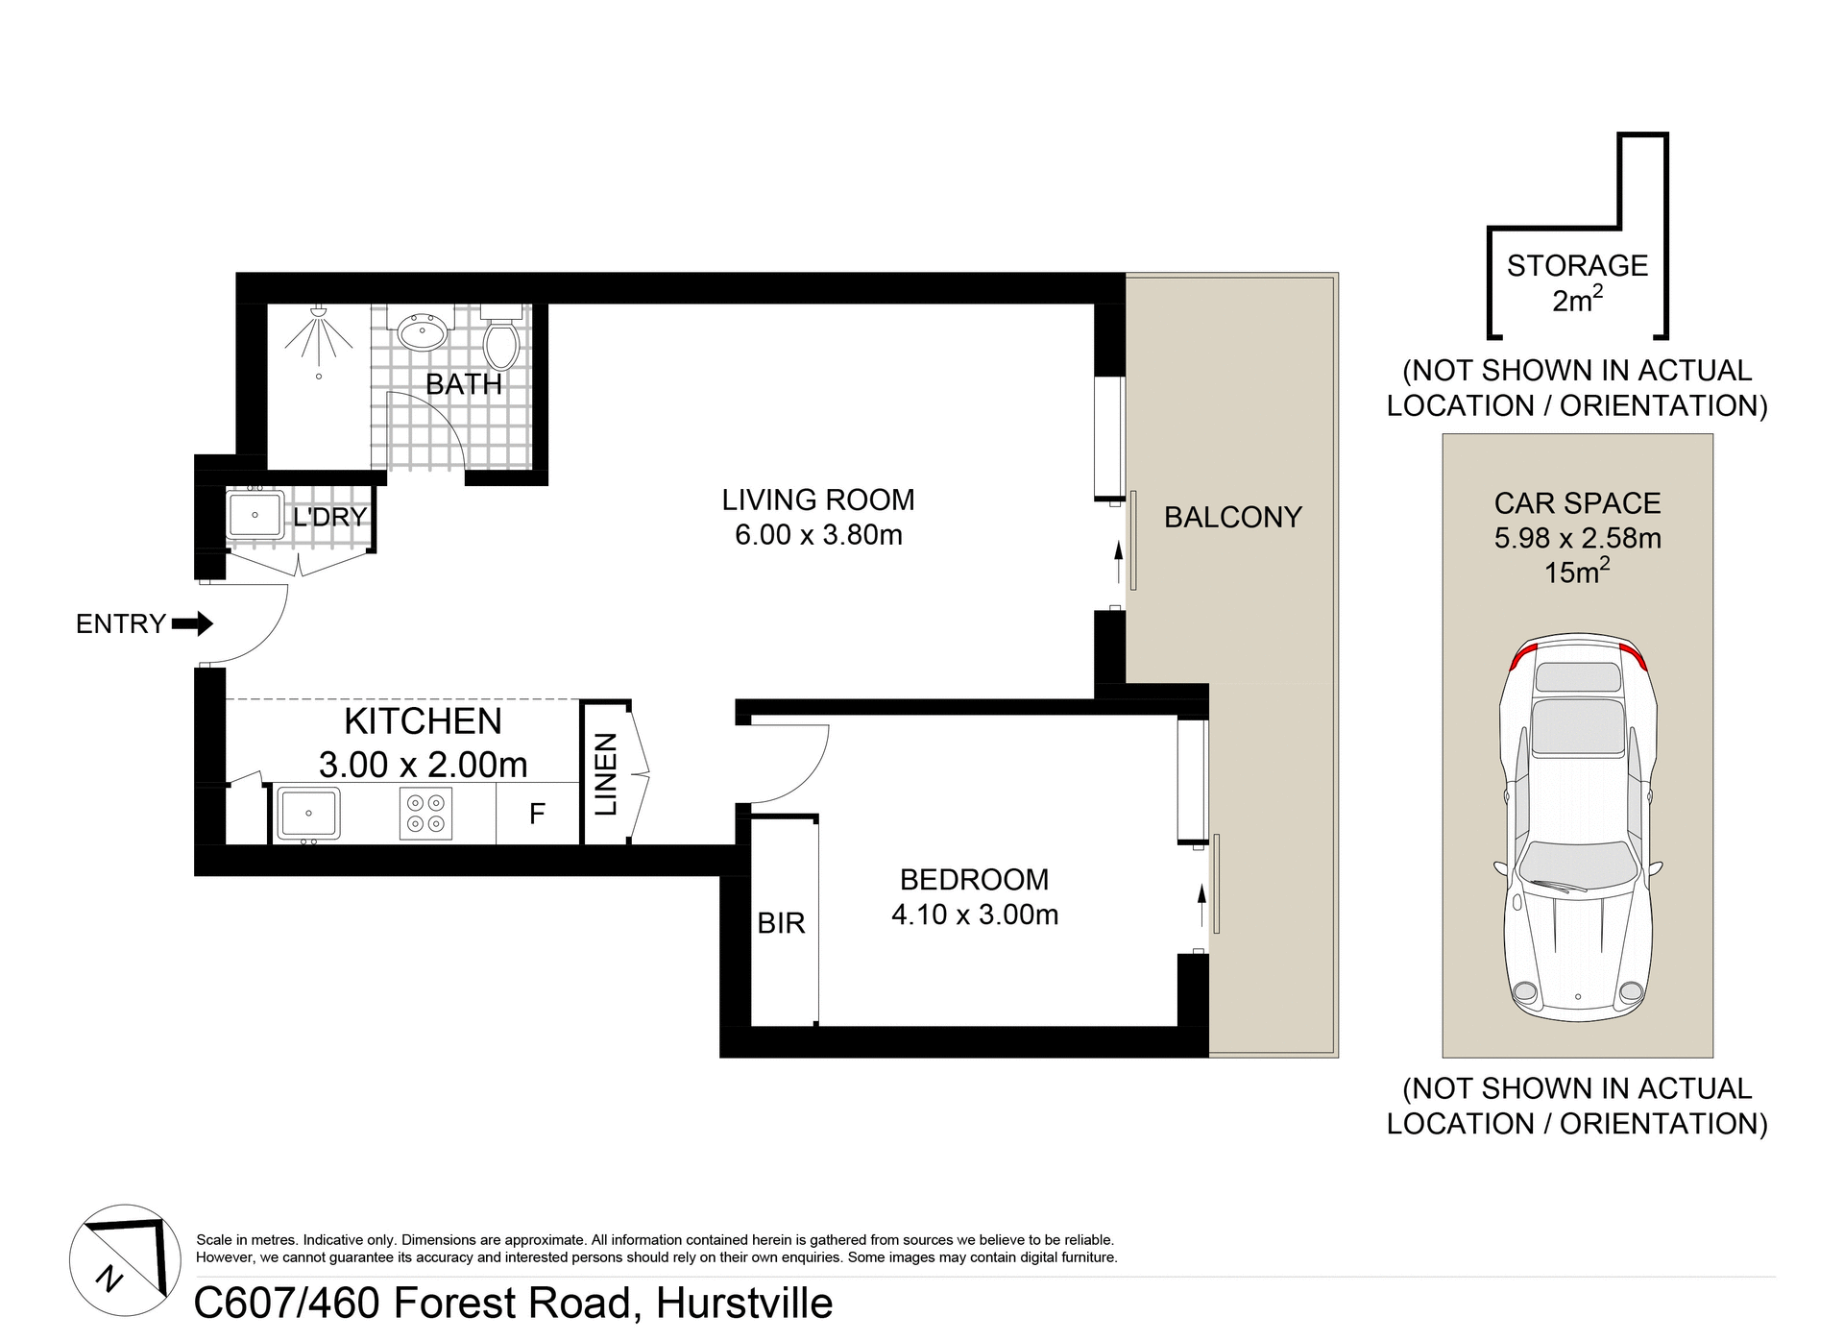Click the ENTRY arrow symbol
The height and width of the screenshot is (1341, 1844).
click(192, 624)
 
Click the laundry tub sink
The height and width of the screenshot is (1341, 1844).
click(255, 516)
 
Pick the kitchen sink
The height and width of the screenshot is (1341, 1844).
click(308, 814)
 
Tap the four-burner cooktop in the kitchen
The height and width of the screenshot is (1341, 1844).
click(425, 814)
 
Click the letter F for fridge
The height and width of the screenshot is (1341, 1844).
click(537, 814)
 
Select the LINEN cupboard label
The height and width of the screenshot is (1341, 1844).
click(606, 774)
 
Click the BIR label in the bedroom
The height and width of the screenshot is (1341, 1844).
click(781, 923)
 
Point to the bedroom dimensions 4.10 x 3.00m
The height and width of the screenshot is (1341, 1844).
click(975, 914)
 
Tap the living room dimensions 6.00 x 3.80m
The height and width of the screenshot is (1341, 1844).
click(818, 535)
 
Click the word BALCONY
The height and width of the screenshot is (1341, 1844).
click(1232, 518)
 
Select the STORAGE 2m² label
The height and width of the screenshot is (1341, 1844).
click(1577, 282)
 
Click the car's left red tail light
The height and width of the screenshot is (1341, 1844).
click(1521, 658)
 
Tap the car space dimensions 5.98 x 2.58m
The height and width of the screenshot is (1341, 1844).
click(1577, 538)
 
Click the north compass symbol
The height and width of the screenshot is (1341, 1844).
click(125, 1260)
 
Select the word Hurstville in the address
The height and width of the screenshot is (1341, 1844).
click(744, 1304)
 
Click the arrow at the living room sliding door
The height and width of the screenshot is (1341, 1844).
click(1118, 562)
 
